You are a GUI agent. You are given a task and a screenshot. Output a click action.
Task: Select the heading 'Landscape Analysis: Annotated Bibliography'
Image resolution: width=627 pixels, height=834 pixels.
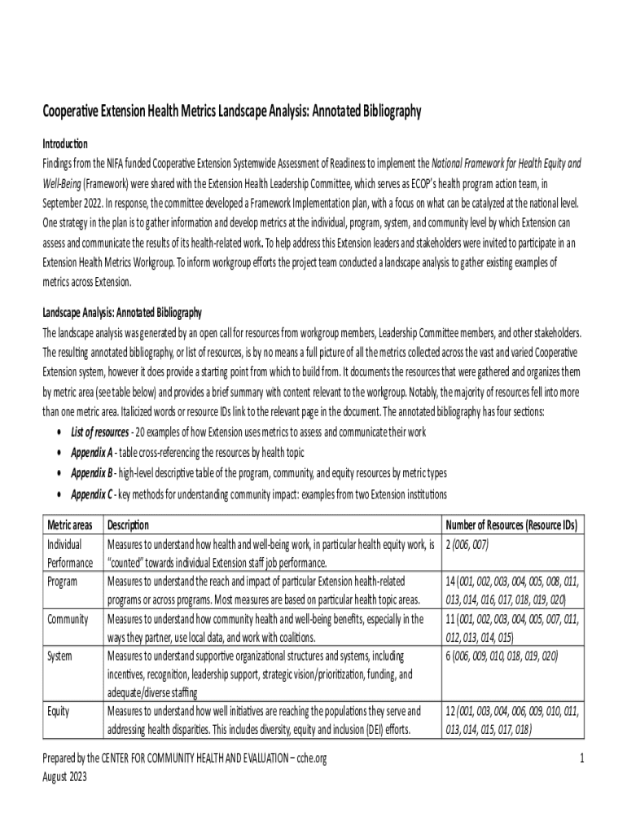(x=122, y=313)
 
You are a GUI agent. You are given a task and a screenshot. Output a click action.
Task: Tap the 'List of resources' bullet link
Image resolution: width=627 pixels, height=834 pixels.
(x=99, y=432)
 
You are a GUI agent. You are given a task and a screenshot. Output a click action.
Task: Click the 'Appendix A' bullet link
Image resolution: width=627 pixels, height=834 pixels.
(x=91, y=453)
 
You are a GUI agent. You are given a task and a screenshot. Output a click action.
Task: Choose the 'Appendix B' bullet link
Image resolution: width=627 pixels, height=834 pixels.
(x=91, y=473)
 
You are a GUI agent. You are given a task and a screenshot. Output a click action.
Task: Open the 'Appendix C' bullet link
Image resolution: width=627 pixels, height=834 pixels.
(x=91, y=494)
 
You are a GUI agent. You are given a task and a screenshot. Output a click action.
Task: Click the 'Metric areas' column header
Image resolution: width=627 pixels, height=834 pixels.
(x=69, y=526)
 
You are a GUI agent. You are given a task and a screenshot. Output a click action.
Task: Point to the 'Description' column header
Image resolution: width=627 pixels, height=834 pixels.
(x=128, y=526)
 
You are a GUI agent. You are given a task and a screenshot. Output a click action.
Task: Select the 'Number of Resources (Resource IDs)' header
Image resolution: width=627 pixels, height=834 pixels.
(x=511, y=526)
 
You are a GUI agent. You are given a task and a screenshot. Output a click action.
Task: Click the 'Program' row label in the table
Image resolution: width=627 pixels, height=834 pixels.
(x=63, y=582)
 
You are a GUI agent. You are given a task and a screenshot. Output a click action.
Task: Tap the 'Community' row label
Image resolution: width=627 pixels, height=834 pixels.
(x=68, y=620)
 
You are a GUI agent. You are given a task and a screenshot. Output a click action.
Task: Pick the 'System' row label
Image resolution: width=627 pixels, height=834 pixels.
(x=60, y=655)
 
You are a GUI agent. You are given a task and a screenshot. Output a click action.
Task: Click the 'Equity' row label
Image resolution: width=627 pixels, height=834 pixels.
(x=59, y=712)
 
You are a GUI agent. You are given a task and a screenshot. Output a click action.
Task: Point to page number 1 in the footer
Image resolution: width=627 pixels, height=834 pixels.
(x=581, y=759)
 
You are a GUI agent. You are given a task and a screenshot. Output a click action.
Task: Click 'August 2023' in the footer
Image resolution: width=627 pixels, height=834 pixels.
(x=64, y=776)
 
